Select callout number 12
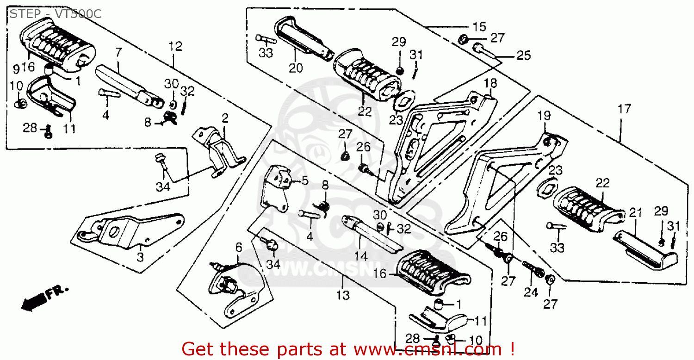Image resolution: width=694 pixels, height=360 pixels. coord(175,46)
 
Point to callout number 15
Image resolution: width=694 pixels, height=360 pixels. coord(479,26)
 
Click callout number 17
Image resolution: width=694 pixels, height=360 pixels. coord(624,109)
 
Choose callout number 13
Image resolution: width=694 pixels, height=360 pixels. coord(343,295)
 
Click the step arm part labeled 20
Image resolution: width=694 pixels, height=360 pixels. coord(301,37)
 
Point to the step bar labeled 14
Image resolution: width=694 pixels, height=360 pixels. coord(370,234)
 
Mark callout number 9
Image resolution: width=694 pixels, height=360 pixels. coord(16,69)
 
